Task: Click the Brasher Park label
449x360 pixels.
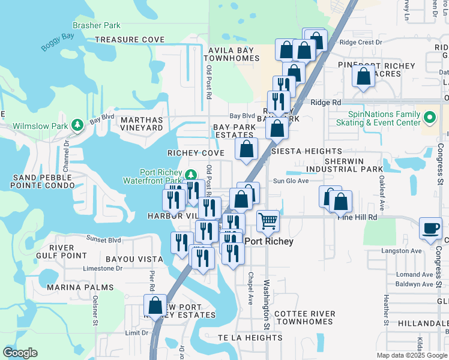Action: point(96,25)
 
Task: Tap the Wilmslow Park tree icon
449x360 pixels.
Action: point(77,125)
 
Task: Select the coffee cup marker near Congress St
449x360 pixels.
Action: point(430,229)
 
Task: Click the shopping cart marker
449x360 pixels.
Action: point(268,221)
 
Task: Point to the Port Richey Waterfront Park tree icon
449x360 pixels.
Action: point(190,175)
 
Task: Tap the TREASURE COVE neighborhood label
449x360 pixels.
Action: point(130,40)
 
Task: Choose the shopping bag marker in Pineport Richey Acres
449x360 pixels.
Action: point(363,77)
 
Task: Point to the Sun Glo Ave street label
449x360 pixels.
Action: point(291,181)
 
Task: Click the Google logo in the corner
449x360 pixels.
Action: point(20,353)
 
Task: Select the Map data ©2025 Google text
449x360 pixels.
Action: point(411,355)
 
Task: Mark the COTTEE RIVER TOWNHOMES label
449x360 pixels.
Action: point(303,317)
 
